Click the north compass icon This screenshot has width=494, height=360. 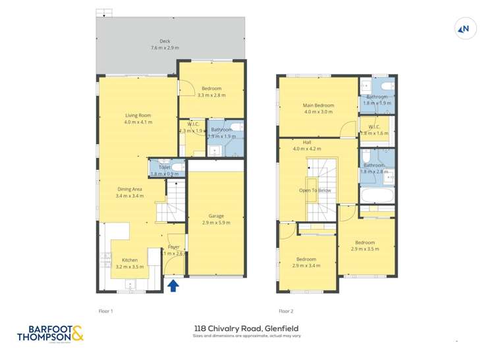[464, 28]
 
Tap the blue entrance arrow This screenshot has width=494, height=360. [173, 285]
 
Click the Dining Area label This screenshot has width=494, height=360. [130, 192]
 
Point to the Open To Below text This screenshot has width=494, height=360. [315, 190]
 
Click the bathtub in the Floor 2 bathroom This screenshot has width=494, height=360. [377, 196]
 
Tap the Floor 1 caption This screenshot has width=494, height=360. [106, 311]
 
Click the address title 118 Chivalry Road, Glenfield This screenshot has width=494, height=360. [246, 328]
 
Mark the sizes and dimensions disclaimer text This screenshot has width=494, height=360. [246, 336]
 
